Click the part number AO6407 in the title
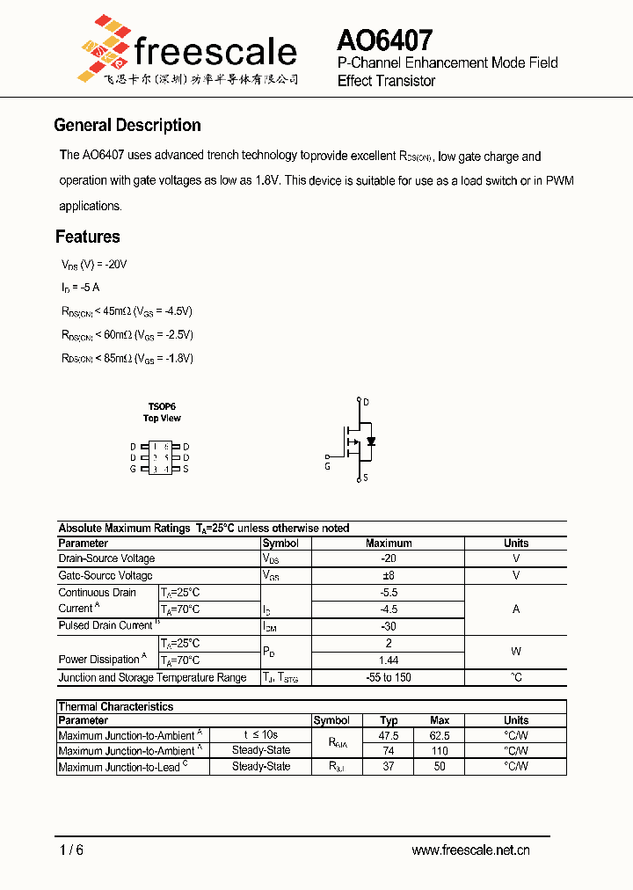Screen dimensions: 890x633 (384, 40)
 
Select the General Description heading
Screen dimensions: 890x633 (127, 126)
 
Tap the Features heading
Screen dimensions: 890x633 (88, 237)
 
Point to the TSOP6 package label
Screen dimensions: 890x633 (162, 406)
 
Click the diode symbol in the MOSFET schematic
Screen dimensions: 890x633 (371, 441)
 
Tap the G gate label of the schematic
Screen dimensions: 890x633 (327, 467)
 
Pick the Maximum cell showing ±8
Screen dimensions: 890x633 (388, 575)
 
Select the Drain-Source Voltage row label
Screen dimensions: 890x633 (106, 558)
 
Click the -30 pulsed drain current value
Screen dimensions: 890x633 (388, 626)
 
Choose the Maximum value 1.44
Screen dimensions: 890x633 (388, 660)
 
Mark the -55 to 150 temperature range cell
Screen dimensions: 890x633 (388, 678)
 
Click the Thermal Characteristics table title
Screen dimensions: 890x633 (116, 706)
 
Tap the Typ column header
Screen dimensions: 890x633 (389, 720)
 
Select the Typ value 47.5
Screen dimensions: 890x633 (389, 735)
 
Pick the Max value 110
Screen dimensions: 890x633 (440, 751)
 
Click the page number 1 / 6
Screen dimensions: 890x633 (71, 850)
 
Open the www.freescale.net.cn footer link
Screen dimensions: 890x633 (470, 850)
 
